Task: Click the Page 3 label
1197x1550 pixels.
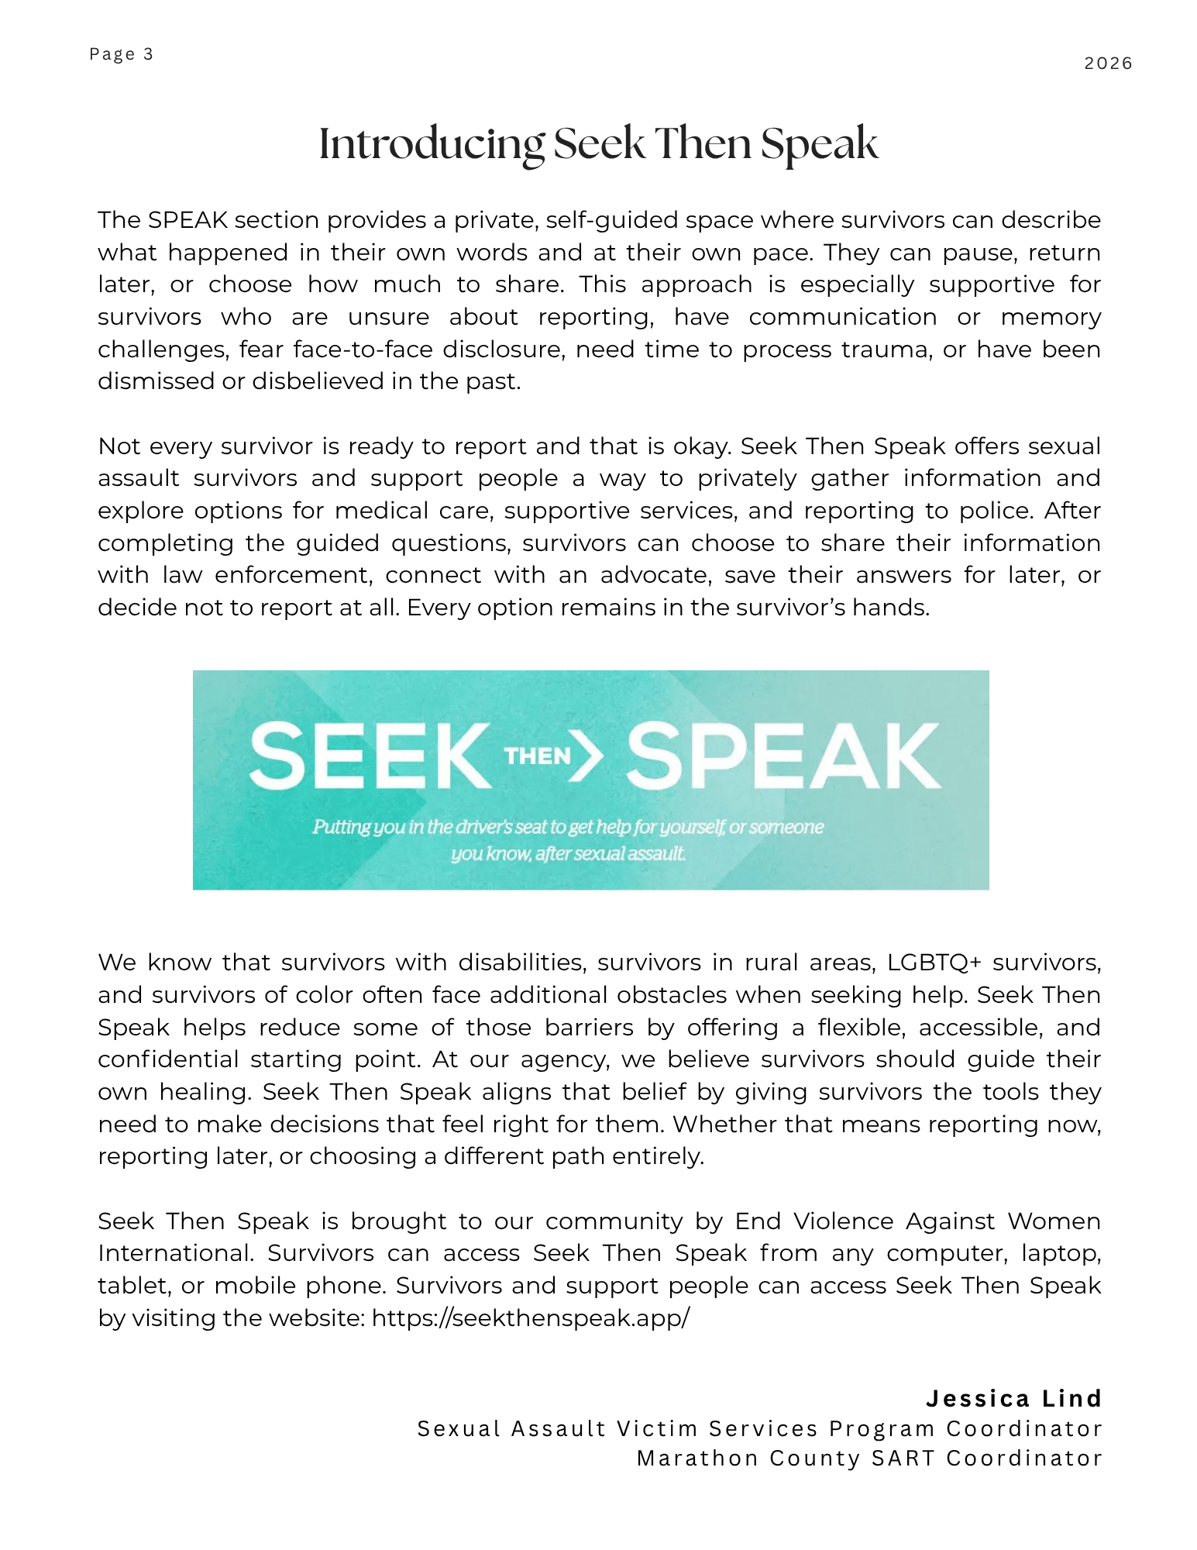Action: point(121,54)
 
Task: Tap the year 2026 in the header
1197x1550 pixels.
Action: point(1108,64)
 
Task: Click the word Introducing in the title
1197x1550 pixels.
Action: point(432,144)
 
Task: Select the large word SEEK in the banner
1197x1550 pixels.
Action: point(370,756)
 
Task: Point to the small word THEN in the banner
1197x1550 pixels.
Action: point(537,756)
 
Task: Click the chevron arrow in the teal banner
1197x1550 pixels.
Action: point(588,756)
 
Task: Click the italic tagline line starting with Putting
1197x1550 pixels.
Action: point(568,827)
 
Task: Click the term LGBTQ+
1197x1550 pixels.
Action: point(934,963)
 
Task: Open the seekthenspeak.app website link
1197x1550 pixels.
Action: point(530,1318)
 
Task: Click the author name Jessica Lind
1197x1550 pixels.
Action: point(1013,1399)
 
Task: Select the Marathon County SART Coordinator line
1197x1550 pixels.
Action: point(869,1459)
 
